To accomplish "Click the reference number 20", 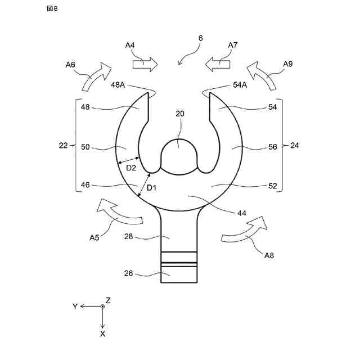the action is (179, 114).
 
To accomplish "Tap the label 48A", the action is (118, 85).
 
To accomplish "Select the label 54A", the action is (240, 85).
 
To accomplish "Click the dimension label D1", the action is (151, 187).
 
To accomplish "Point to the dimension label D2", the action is (130, 168).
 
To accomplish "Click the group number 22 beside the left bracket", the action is (63, 145).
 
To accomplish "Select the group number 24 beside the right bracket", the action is (295, 145).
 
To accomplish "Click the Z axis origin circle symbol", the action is (102, 306).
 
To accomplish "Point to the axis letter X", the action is (102, 334).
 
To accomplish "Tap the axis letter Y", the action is (74, 306).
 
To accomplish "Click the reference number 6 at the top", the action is (200, 39).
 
